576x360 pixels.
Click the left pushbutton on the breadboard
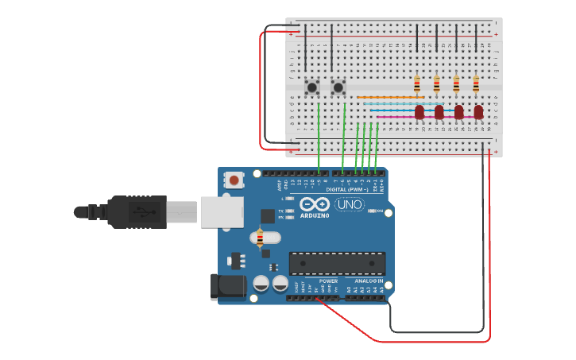coord(312,87)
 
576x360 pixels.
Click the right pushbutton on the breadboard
coord(338,87)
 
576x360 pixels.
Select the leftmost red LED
coord(419,112)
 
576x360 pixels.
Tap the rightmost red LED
coord(478,112)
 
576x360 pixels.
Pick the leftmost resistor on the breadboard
coord(417,83)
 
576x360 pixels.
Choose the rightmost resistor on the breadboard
coord(476,83)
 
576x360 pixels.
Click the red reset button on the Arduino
coord(234,181)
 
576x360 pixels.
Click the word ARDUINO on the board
coord(315,215)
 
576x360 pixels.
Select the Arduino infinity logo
coord(315,203)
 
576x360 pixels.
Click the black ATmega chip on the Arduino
coord(337,263)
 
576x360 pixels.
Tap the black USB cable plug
coord(139,212)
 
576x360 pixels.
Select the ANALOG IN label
coord(368,281)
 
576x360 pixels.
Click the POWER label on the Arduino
coord(328,281)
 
